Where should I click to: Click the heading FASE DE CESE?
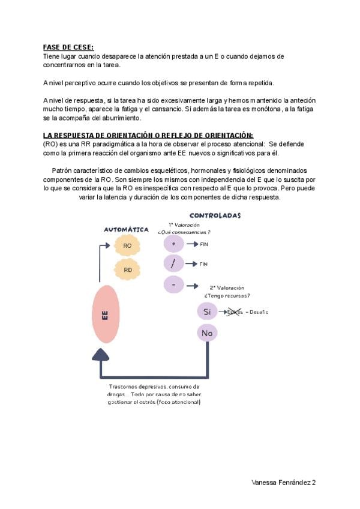coord(68,47)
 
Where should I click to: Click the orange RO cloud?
coord(127,245)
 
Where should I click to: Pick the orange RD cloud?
coord(127,270)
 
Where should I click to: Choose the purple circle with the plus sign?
coord(173,244)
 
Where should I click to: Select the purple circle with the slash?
coord(173,264)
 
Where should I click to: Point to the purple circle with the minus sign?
coord(173,285)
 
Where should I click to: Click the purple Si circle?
coord(207,312)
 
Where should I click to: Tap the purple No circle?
coord(207,333)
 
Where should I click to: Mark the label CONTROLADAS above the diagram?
coord(215,215)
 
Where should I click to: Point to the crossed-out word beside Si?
coord(235,312)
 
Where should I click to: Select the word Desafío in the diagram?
coord(259,312)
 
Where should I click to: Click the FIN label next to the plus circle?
coord(203,244)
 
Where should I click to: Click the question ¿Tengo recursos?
coord(227,295)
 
